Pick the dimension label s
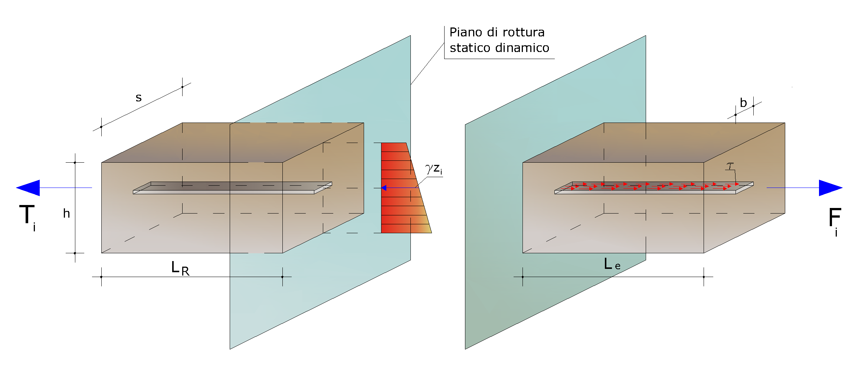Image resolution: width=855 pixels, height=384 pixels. (x=138, y=98)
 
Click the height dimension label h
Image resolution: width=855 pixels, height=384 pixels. (x=66, y=213)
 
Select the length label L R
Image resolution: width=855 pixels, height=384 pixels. (x=180, y=268)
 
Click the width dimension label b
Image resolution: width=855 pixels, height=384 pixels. (x=743, y=102)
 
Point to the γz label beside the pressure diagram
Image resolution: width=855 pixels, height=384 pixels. (x=434, y=169)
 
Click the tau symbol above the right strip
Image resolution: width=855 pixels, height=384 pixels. (x=730, y=166)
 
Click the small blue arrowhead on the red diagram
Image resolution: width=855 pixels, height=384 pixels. (x=384, y=188)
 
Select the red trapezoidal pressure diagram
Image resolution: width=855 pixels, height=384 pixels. (x=403, y=188)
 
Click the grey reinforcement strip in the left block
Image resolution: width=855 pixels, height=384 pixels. (x=232, y=188)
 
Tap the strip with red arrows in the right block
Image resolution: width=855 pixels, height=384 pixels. (x=654, y=188)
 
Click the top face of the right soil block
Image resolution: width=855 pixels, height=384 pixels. (x=654, y=143)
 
